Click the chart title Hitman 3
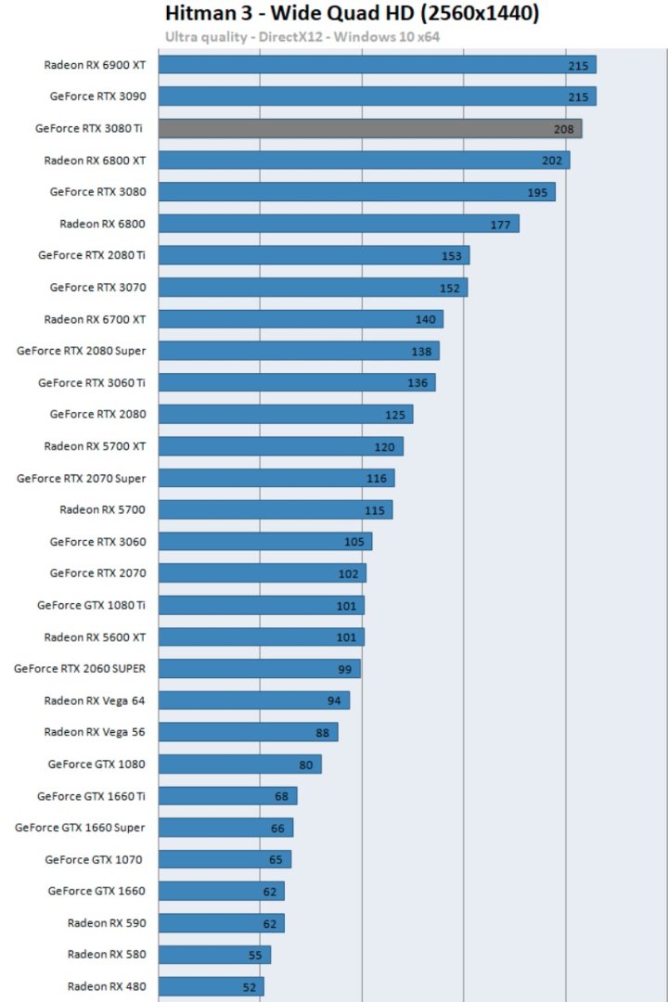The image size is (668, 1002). (x=352, y=14)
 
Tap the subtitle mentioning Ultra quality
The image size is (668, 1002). (x=302, y=37)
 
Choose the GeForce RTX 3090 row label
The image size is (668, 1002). (x=97, y=96)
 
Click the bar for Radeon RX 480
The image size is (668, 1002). (x=211, y=986)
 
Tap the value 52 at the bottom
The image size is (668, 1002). (x=250, y=987)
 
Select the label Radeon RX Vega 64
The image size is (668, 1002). (x=94, y=700)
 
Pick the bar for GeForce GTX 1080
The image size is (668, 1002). (x=239, y=764)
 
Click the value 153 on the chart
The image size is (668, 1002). (x=452, y=256)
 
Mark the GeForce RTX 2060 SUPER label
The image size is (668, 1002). (x=80, y=668)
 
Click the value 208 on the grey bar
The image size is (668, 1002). (x=564, y=129)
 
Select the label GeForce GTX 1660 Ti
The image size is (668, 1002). (x=91, y=796)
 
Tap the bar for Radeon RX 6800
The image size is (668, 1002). (x=339, y=224)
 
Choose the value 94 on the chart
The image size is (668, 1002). (x=334, y=700)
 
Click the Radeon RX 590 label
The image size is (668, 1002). (x=106, y=923)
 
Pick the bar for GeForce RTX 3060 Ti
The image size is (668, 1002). (x=296, y=382)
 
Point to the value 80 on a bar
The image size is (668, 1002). (x=305, y=764)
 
